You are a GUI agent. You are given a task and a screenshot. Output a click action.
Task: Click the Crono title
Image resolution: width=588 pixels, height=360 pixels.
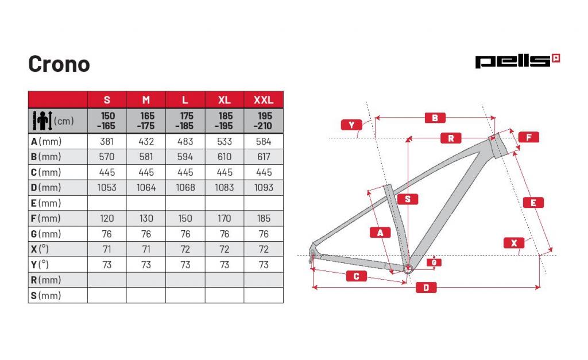point(59,64)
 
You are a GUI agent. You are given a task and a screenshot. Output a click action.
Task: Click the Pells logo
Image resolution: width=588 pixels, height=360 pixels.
point(517,61)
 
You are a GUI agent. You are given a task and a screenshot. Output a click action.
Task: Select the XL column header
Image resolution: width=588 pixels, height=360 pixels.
point(225,100)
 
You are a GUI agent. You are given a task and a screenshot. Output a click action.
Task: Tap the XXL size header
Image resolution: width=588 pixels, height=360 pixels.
point(264,100)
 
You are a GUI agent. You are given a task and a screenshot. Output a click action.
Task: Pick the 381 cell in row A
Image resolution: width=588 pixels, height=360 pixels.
point(107,141)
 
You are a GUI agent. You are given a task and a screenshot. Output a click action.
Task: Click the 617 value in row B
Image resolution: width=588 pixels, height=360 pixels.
point(264,157)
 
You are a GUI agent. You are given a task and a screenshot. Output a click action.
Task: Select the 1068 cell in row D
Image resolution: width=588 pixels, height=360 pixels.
point(185,188)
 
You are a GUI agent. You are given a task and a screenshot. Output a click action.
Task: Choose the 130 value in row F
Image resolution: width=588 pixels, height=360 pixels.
point(146,218)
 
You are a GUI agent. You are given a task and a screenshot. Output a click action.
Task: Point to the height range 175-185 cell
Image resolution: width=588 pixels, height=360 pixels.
point(185,121)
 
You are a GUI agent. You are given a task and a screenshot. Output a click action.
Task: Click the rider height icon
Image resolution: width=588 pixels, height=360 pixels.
point(42,121)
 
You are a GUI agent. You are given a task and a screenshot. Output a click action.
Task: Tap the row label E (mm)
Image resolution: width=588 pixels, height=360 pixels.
point(46,203)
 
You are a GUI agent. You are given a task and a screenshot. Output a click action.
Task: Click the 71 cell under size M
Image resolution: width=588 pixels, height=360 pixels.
point(146,249)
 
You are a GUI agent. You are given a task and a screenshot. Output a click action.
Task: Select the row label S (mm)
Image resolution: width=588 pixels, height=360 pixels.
point(46,296)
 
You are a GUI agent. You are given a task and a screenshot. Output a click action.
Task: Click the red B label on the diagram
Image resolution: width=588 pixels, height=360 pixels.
point(435,118)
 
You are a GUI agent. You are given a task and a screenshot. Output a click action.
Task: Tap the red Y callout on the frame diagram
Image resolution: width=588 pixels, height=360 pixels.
point(351,125)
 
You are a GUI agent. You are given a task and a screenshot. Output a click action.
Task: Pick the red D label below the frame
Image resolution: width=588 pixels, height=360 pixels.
point(427,288)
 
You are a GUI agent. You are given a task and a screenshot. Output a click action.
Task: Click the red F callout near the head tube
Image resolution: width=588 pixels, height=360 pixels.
point(529,137)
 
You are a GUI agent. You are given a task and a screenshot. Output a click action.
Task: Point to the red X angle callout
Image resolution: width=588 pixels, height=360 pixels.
point(514,243)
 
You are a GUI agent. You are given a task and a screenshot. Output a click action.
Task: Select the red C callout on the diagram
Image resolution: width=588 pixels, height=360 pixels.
point(356,276)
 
